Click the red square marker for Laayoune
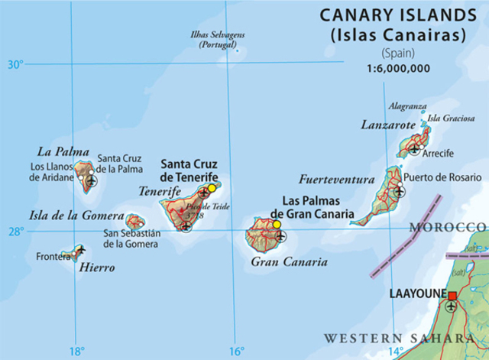452,296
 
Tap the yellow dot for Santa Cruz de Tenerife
212,188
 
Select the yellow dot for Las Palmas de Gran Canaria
277,224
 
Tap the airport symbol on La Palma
92,180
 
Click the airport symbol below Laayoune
451,307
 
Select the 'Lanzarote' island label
390,125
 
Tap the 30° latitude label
16,64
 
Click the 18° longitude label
76,351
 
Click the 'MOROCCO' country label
447,228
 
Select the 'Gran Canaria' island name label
289,261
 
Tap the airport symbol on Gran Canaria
280,236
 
